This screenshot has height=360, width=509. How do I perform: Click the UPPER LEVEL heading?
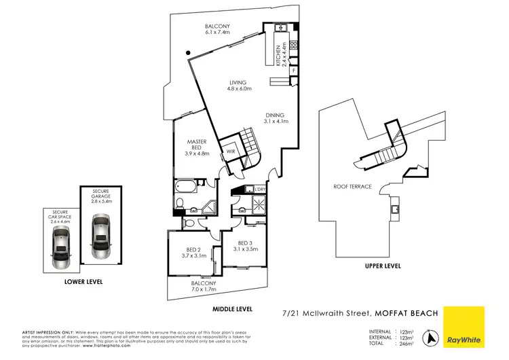(382, 266)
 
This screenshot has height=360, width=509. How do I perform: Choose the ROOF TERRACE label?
(352, 186)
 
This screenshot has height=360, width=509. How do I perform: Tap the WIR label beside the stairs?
(231, 151)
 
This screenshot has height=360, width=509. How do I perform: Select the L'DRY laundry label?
(259, 188)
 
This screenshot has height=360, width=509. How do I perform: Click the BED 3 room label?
(245, 247)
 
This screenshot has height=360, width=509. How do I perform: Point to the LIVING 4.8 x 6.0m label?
(238, 85)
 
